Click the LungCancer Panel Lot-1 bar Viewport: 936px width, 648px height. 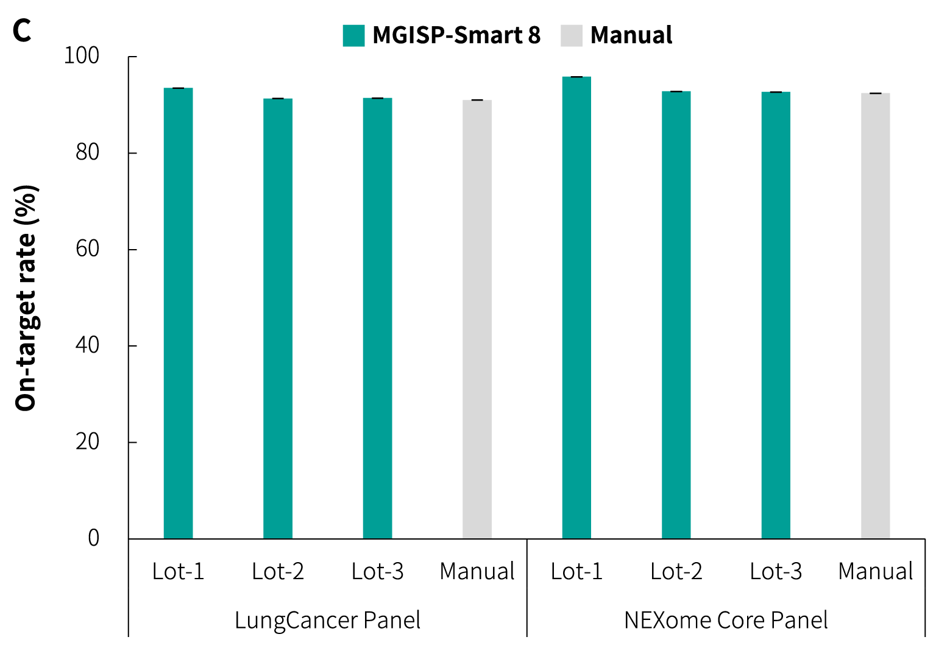[x=178, y=314]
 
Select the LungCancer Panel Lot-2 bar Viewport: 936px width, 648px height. [x=278, y=319]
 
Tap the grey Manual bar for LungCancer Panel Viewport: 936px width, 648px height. [x=477, y=319]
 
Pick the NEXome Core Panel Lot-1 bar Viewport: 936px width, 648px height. [x=576, y=308]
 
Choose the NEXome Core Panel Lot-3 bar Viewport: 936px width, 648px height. [x=776, y=315]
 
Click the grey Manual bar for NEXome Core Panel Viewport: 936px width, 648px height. [x=875, y=316]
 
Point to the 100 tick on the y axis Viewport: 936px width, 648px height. [x=81, y=56]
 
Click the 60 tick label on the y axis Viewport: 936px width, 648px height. [x=87, y=249]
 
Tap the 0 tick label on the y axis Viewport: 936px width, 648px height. [x=93, y=538]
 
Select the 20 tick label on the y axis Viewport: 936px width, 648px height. [x=87, y=442]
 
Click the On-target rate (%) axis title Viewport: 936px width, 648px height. [x=26, y=298]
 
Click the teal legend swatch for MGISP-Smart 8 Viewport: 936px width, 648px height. [x=353, y=36]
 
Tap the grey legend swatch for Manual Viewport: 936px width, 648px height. [x=572, y=36]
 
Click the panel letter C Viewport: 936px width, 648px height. [x=22, y=31]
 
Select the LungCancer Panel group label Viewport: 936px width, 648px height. [x=327, y=621]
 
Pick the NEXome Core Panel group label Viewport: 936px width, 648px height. [x=726, y=621]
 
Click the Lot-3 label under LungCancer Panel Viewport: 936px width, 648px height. [x=377, y=572]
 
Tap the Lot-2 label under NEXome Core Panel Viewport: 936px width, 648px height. [x=676, y=572]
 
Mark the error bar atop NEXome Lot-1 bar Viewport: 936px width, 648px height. [x=576, y=77]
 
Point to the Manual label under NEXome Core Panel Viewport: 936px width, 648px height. [x=875, y=572]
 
